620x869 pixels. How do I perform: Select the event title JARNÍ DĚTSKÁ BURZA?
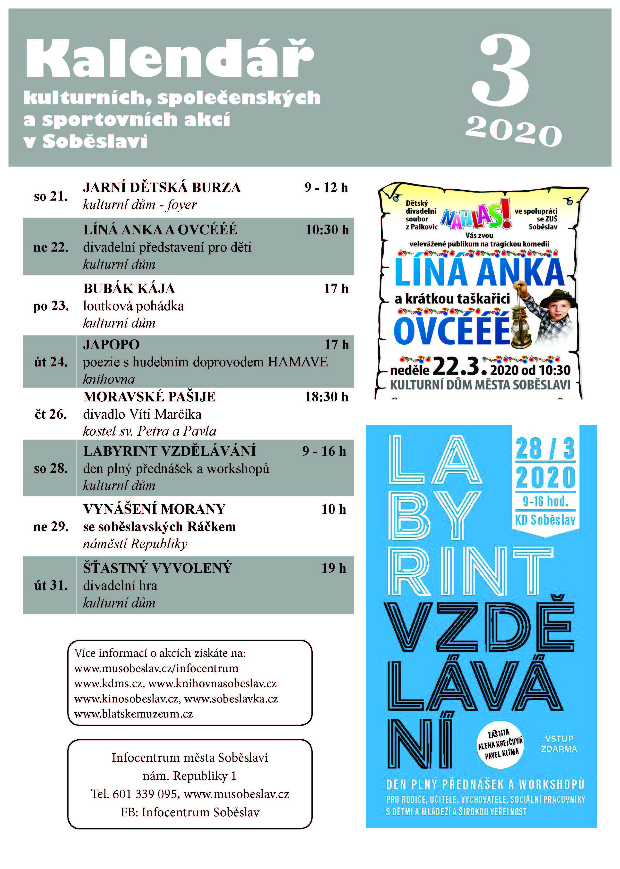[x=162, y=188]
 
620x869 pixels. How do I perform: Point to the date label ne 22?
[x=51, y=247]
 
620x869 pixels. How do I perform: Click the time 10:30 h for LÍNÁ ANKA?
[x=327, y=230]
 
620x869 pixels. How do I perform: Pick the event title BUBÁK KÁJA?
[x=129, y=288]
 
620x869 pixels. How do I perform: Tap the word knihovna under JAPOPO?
[x=109, y=379]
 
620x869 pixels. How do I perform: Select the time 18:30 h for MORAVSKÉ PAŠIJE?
[x=327, y=397]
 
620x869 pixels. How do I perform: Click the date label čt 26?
[x=51, y=414]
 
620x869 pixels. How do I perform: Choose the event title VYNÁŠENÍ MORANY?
[x=154, y=509]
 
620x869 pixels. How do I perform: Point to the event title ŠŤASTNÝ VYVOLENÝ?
[x=157, y=568]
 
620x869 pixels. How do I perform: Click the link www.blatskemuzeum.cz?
[x=134, y=714]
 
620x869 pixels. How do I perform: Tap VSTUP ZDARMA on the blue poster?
[x=559, y=744]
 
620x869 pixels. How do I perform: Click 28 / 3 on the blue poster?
[x=545, y=449]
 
